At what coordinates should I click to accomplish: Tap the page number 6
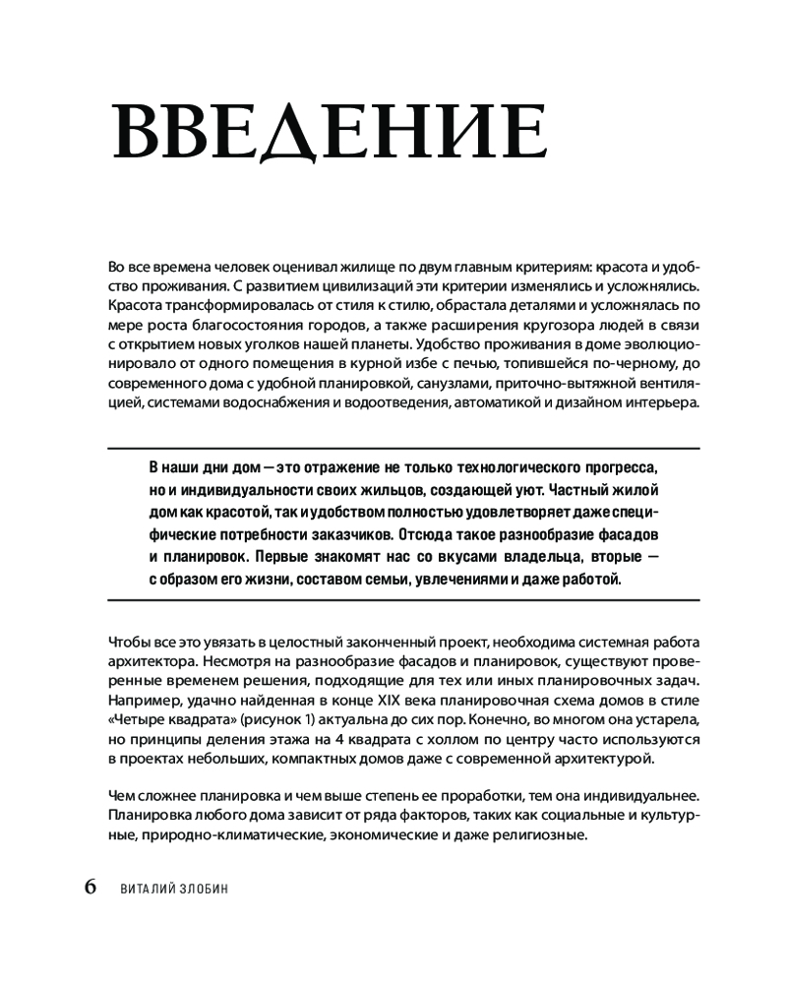[x=90, y=886]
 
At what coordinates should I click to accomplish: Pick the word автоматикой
[x=491, y=405]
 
